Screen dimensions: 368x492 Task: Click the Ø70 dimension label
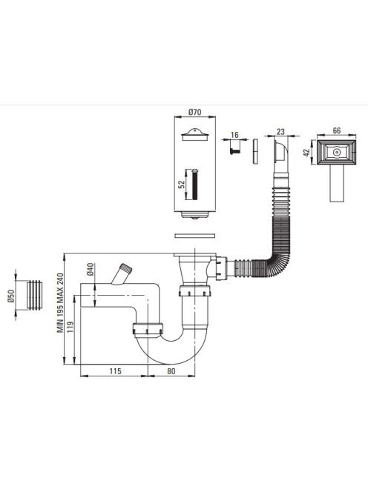(195, 112)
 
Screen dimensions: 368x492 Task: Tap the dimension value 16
(234, 135)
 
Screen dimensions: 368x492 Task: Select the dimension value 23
(280, 132)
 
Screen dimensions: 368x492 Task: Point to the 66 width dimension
(337, 130)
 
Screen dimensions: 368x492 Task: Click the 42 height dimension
(306, 153)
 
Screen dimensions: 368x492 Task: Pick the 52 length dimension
(182, 184)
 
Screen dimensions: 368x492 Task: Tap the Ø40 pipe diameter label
(90, 269)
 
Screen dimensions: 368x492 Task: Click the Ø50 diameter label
(11, 296)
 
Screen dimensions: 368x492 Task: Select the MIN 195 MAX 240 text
(60, 303)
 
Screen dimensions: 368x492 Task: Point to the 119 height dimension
(70, 327)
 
